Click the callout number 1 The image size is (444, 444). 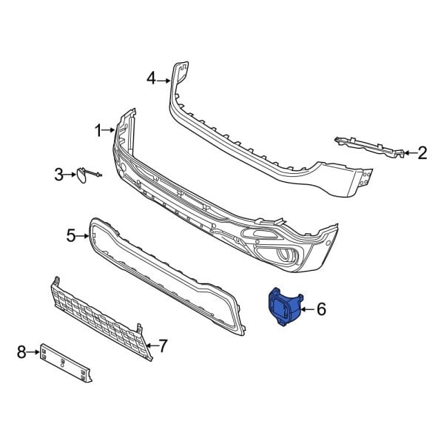point(98,131)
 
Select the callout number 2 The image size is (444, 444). point(423,153)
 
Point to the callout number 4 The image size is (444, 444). point(151,78)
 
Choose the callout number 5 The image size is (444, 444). point(72,236)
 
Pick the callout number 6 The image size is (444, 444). point(321,309)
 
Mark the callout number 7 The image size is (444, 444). point(164,345)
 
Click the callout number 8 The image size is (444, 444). point(21,351)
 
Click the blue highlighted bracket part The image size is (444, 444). point(284,310)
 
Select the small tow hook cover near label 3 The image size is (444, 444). point(78,175)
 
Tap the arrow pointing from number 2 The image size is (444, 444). point(408,153)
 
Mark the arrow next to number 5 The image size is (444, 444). point(85,236)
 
